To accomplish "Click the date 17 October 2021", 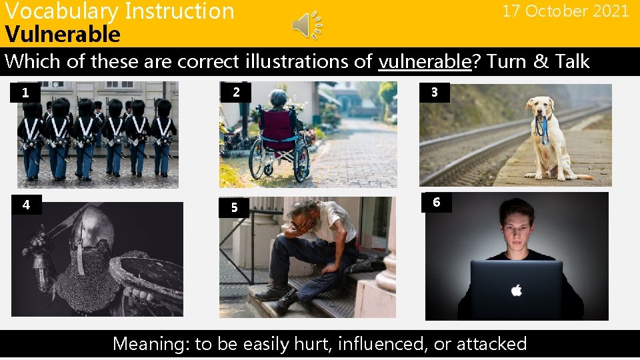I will pyautogui.click(x=565, y=11).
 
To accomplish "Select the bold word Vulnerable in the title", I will pyautogui.click(x=63, y=34).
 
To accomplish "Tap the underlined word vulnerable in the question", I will pyautogui.click(x=425, y=62).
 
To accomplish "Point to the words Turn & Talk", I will pyautogui.click(x=538, y=62).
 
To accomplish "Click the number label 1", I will pyautogui.click(x=25, y=93).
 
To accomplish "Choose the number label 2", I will pyautogui.click(x=236, y=92).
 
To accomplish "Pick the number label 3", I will pyautogui.click(x=435, y=92).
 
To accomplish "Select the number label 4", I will pyautogui.click(x=26, y=205).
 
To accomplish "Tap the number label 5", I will pyautogui.click(x=234, y=207).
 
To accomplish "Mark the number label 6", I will pyautogui.click(x=436, y=202).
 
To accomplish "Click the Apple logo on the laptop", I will pyautogui.click(x=516, y=290).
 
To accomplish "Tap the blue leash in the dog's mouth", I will pyautogui.click(x=543, y=130).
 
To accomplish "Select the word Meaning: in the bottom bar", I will pyautogui.click(x=151, y=344).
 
